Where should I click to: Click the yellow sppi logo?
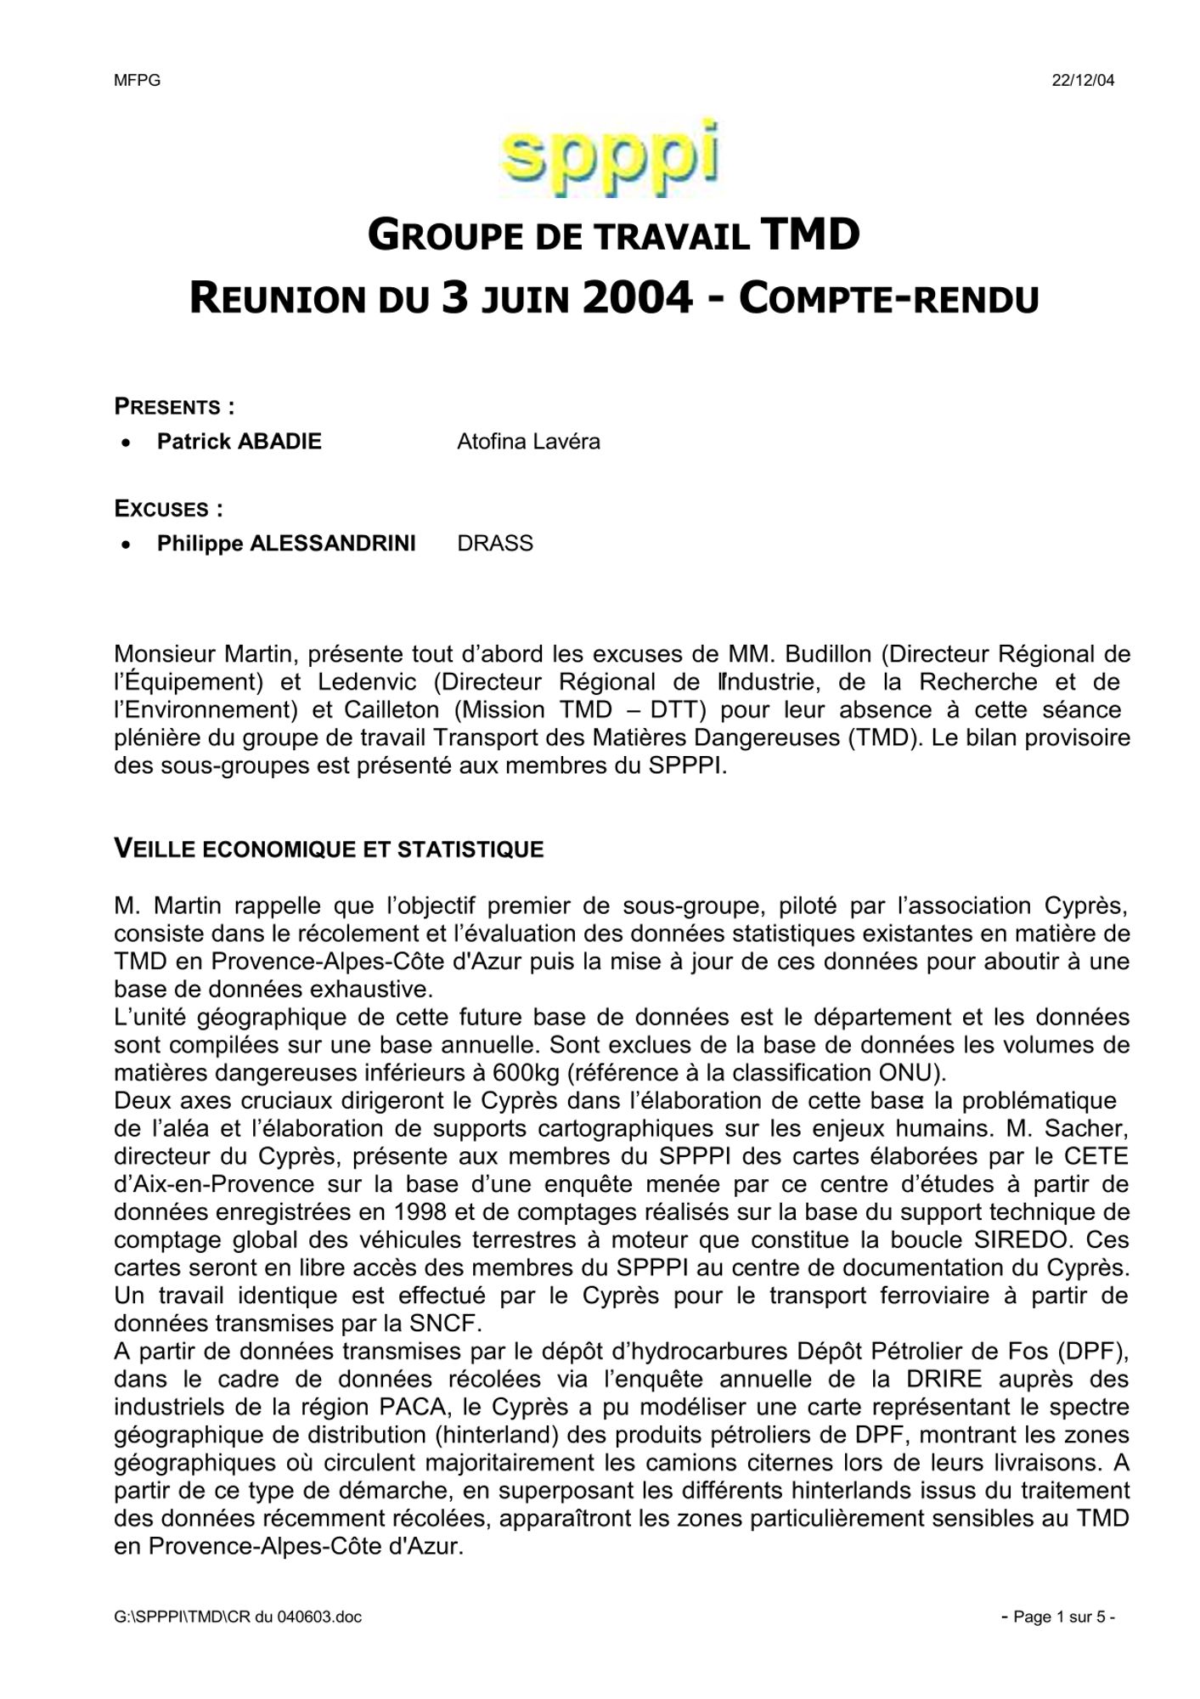click(610, 159)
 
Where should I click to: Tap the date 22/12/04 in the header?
click(1083, 82)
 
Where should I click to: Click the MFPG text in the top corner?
click(137, 82)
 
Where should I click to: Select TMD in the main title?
click(811, 235)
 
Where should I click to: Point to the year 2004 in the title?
click(637, 298)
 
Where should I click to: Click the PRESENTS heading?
click(174, 407)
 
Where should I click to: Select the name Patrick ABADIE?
click(239, 442)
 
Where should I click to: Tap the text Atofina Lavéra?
click(528, 442)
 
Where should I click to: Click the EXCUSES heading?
click(168, 509)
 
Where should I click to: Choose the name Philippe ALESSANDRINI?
click(286, 544)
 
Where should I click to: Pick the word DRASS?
click(495, 544)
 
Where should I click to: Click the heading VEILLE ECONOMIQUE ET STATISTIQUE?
click(329, 849)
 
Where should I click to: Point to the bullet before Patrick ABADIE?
click(126, 443)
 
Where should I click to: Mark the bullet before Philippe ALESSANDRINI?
click(126, 545)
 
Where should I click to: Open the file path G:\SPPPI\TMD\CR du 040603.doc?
click(238, 1617)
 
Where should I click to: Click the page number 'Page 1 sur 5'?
click(1058, 1617)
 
